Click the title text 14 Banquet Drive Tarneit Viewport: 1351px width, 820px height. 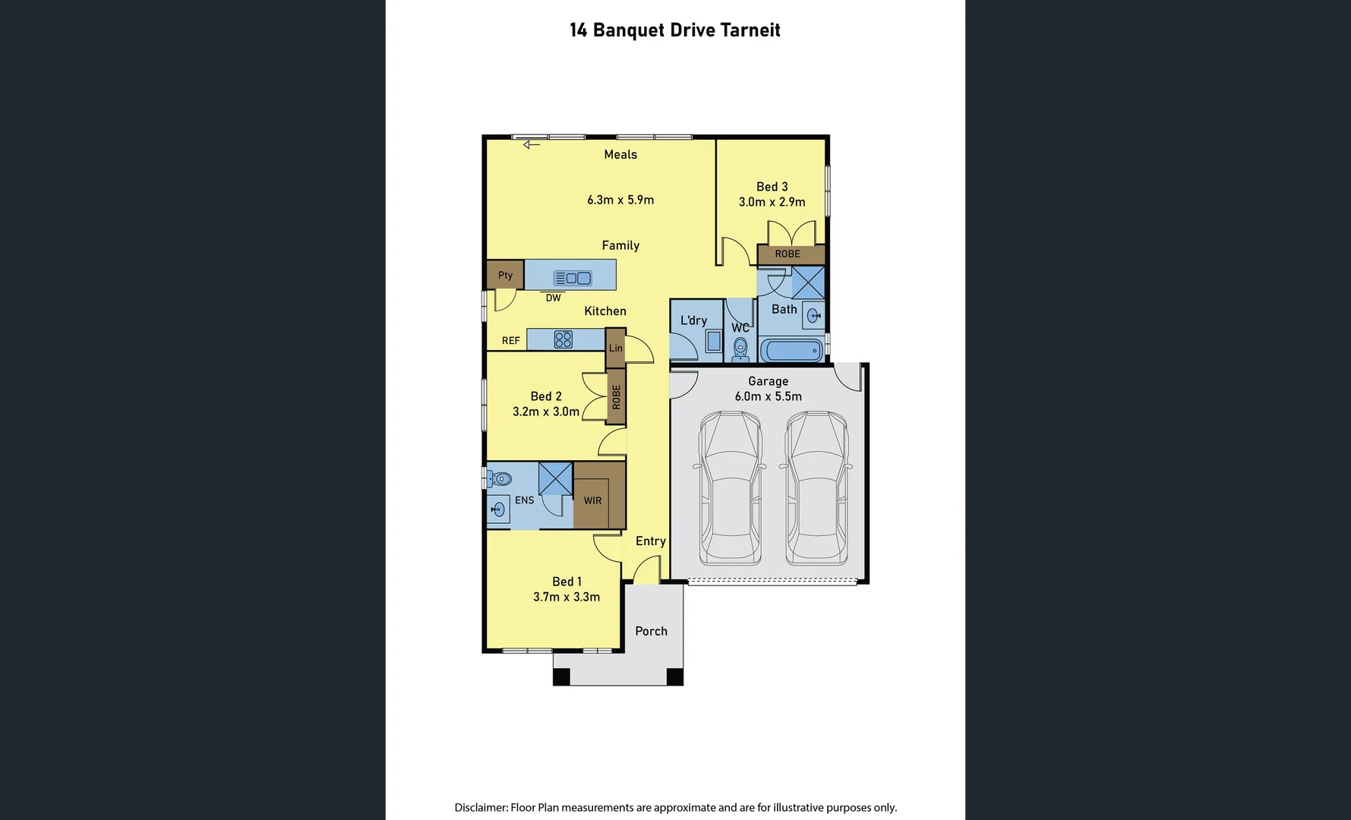click(x=674, y=30)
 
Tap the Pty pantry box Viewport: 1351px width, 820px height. click(x=505, y=275)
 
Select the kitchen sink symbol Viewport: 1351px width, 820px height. click(x=573, y=278)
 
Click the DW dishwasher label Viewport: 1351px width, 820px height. click(x=553, y=298)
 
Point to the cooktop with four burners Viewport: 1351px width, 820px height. click(x=563, y=339)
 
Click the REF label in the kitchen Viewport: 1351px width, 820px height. click(x=510, y=341)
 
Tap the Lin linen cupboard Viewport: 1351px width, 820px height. click(x=615, y=348)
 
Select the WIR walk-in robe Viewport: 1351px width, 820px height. click(x=592, y=500)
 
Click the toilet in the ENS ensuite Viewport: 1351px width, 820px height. click(x=500, y=478)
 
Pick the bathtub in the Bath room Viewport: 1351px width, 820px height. click(x=791, y=351)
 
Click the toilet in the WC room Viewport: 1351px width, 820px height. click(x=740, y=349)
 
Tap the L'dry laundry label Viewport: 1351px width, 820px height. click(x=693, y=320)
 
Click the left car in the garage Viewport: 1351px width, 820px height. click(x=730, y=487)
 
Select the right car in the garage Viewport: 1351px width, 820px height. click(x=816, y=487)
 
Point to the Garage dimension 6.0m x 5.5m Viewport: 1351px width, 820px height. click(x=768, y=396)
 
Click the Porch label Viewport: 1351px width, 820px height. click(x=651, y=631)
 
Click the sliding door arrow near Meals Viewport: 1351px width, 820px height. click(x=531, y=144)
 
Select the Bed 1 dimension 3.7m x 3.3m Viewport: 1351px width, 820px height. click(x=566, y=597)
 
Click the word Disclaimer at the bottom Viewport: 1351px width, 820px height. click(x=480, y=807)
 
